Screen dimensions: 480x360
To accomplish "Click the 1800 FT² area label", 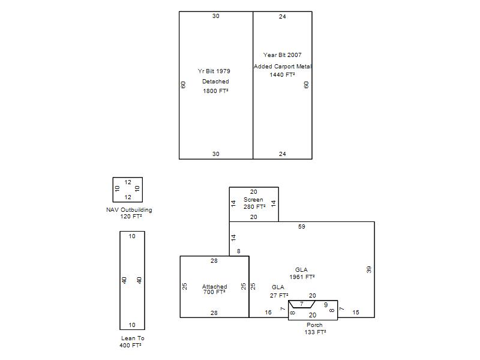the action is [x=215, y=91].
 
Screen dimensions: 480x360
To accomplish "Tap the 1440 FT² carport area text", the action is [x=282, y=74].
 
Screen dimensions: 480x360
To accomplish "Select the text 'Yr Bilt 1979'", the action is [x=214, y=71].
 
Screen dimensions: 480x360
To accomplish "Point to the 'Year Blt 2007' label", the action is [x=282, y=55].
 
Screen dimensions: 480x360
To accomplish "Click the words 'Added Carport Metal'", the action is [x=283, y=66].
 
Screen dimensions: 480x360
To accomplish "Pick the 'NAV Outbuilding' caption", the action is [x=129, y=209].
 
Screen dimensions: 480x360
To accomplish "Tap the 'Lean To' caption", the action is [x=133, y=338].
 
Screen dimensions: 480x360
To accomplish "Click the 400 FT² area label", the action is [x=130, y=346].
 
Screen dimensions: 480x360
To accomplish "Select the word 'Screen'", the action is [x=253, y=200].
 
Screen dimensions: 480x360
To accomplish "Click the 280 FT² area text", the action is [x=254, y=206].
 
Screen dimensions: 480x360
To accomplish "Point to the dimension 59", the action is [x=302, y=227].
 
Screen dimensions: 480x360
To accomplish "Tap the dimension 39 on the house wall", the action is [x=369, y=269].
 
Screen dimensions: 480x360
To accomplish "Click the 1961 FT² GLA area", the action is [x=302, y=277].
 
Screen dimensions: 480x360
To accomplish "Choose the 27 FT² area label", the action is [x=279, y=295].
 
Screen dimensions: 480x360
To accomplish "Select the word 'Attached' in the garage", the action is [x=215, y=287].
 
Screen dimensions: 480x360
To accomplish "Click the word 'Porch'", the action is [x=314, y=325].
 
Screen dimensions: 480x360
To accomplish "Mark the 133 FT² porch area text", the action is [x=315, y=332].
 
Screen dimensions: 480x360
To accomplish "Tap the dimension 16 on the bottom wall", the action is [x=268, y=312].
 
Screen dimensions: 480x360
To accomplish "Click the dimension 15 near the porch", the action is [x=356, y=312].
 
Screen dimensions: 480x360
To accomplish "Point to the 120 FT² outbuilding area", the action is [x=131, y=217].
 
